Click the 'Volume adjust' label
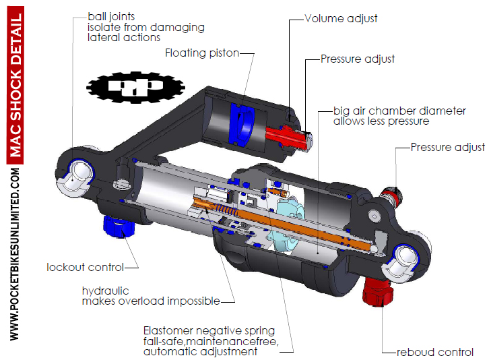[x=341, y=19]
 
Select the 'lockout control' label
[x=84, y=267]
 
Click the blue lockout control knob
[x=117, y=227]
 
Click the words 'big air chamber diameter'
[x=399, y=111]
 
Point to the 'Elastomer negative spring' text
[x=209, y=330]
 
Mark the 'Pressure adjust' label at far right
[x=447, y=147]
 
